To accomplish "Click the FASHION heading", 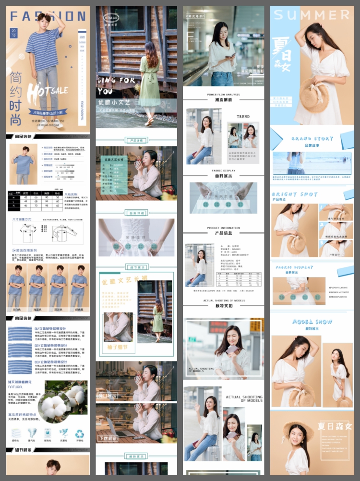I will pos(48,16).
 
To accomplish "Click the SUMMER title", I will pos(312,14).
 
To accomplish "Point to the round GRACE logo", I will pos(111,18).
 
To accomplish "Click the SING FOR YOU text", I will pos(115,85).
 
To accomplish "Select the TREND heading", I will pos(243,117).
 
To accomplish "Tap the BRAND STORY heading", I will pos(312,139).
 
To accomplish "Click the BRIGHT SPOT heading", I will pos(295,194).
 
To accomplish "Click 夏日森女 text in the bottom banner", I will pos(335,426).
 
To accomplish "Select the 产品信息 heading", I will pos(223,233).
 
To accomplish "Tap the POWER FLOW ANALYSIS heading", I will pos(223,95).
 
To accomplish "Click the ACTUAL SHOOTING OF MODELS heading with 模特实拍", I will pos(223,303).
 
